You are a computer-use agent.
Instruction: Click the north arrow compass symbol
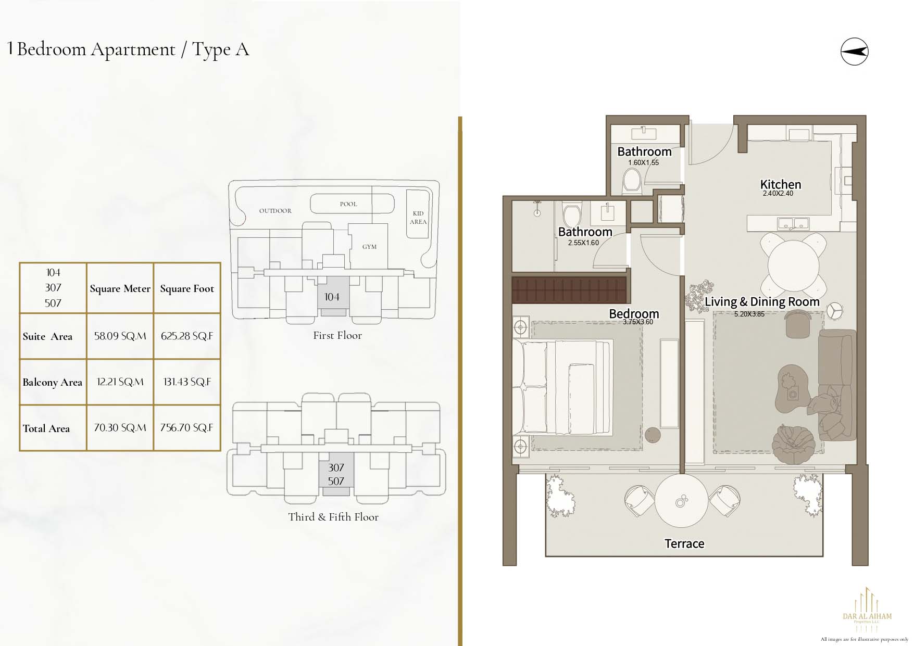tap(855, 52)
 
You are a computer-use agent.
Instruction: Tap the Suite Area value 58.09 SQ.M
tap(120, 336)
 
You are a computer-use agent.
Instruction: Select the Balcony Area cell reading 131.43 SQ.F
tap(187, 382)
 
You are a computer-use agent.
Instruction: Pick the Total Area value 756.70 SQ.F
tap(186, 428)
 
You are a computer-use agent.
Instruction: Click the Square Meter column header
tap(120, 289)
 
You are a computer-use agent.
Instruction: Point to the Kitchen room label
tap(781, 184)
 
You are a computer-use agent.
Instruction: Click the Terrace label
tap(684, 544)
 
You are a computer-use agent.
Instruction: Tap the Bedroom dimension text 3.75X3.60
tap(638, 322)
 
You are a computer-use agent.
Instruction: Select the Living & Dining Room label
tap(762, 302)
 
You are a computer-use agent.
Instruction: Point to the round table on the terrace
tap(681, 501)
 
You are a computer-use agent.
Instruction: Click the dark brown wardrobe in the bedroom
tap(569, 290)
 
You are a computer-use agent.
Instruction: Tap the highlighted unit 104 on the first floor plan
tap(332, 296)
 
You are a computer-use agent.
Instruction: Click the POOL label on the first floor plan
tap(348, 204)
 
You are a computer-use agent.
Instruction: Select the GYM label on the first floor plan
tap(369, 247)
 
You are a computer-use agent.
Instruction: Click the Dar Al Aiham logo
tap(867, 610)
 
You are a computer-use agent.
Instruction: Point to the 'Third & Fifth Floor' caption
tap(333, 517)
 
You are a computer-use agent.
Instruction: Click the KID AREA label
tap(418, 218)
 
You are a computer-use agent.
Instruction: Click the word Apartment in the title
tap(133, 49)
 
